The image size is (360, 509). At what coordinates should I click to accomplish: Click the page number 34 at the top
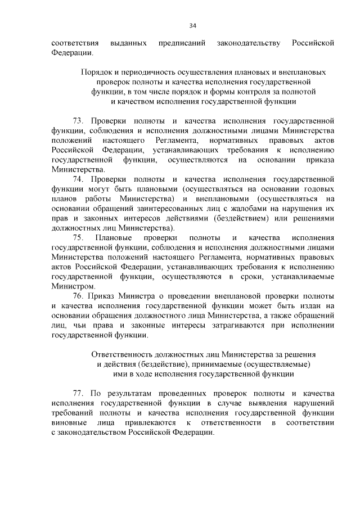192,25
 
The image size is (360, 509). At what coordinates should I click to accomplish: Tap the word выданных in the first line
129,43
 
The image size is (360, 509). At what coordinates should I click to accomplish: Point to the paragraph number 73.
79,121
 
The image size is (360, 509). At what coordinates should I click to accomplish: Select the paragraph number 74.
79,179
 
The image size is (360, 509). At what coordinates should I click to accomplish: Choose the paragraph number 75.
79,238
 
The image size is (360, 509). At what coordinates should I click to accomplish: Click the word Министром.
70,286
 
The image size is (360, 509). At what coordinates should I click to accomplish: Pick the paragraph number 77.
79,394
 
